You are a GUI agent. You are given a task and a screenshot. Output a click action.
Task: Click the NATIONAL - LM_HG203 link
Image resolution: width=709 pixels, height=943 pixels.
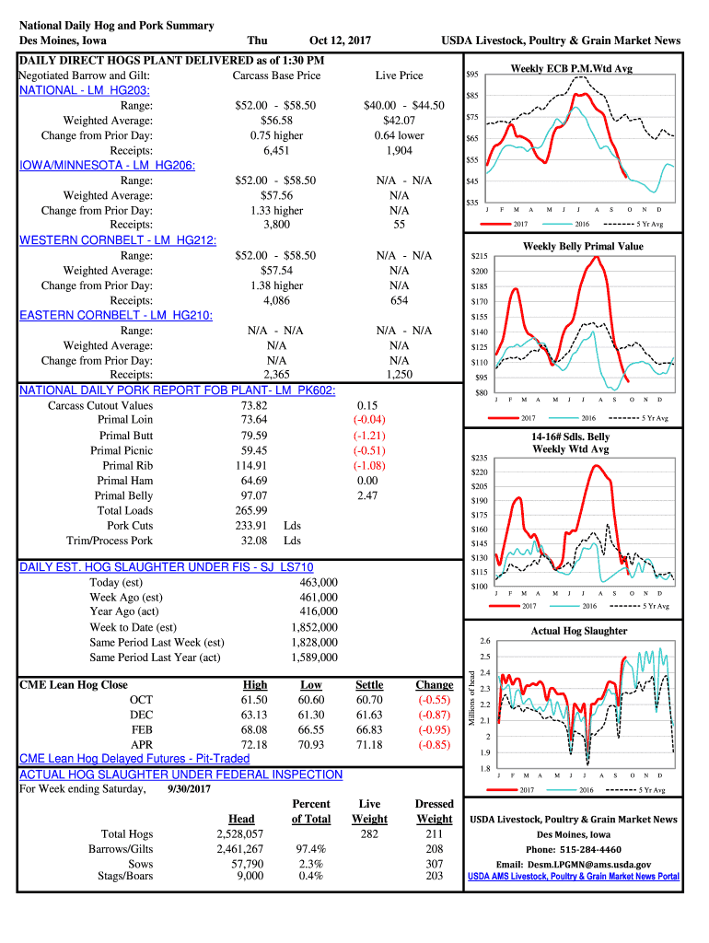pyautogui.click(x=85, y=90)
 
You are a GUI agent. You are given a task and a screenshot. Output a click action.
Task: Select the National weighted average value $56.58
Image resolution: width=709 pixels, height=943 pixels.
pyautogui.click(x=276, y=121)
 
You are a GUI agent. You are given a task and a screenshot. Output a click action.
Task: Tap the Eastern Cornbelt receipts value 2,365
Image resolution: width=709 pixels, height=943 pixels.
pyautogui.click(x=276, y=375)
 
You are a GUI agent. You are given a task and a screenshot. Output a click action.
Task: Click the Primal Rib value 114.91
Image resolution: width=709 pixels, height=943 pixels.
pyautogui.click(x=254, y=466)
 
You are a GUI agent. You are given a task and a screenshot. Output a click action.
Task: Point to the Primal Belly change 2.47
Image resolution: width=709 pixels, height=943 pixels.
pyautogui.click(x=367, y=495)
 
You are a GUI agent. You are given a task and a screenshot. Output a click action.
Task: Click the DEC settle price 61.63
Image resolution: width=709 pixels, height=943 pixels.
pyautogui.click(x=368, y=715)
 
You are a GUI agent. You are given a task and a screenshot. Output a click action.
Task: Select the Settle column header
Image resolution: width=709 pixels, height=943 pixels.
pyautogui.click(x=368, y=685)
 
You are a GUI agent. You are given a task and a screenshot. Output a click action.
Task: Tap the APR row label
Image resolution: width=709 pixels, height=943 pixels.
pyautogui.click(x=141, y=744)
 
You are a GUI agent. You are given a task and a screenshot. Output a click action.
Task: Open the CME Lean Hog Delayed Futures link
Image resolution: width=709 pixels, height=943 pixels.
pyautogui.click(x=134, y=759)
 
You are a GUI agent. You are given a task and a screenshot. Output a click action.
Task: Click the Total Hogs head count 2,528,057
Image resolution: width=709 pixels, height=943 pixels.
pyautogui.click(x=239, y=834)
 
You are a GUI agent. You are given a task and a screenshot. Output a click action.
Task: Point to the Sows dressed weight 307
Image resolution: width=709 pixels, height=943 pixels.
pyautogui.click(x=435, y=864)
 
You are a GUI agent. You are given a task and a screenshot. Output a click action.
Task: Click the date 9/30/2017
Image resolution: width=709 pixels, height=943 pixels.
pyautogui.click(x=191, y=789)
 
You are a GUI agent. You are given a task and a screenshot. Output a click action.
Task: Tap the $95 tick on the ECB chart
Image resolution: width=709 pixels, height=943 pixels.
pyautogui.click(x=471, y=74)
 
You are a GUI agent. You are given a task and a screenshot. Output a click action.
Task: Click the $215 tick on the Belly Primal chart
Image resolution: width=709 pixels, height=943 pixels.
pyautogui.click(x=479, y=256)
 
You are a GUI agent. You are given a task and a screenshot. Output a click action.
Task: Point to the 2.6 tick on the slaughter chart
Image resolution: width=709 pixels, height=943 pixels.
pyautogui.click(x=485, y=641)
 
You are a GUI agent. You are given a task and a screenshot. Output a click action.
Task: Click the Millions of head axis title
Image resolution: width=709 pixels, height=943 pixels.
pyautogui.click(x=471, y=704)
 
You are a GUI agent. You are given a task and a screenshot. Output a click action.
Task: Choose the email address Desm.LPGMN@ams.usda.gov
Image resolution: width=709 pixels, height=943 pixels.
pyautogui.click(x=573, y=865)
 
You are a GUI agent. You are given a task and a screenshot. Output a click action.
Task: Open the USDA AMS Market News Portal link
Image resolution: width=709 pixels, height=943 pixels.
pyautogui.click(x=573, y=877)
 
